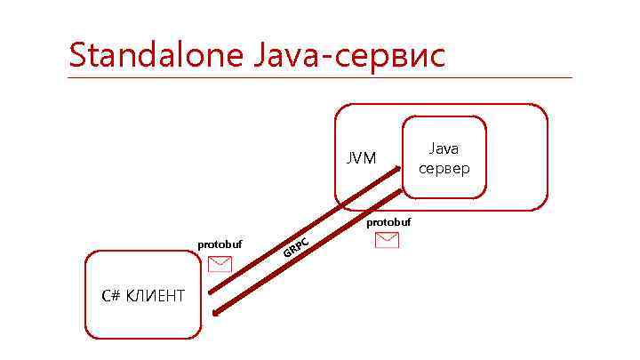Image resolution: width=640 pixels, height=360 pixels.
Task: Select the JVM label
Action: (361, 158)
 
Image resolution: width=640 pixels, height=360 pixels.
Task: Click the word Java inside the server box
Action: (444, 149)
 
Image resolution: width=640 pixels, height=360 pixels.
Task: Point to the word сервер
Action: (444, 169)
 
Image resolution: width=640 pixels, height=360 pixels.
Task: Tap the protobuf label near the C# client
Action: (220, 244)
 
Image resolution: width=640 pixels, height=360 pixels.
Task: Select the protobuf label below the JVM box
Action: (388, 221)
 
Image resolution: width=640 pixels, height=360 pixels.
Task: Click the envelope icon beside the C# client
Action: (220, 263)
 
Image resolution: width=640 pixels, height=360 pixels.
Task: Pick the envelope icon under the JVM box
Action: (388, 240)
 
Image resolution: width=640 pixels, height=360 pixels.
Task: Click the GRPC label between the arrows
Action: (295, 248)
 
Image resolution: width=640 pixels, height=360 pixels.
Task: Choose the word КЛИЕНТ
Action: (156, 295)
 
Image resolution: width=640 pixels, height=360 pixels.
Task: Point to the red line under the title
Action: (320, 77)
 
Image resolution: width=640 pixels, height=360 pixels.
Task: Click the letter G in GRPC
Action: (287, 254)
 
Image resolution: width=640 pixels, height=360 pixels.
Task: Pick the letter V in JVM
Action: (360, 158)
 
